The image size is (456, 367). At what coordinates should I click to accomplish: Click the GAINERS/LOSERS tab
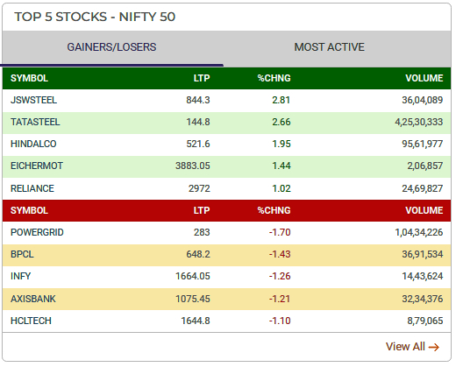tap(111, 47)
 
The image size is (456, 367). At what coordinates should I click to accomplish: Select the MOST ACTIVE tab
tap(329, 47)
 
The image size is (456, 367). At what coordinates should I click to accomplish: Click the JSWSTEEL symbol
tap(32, 100)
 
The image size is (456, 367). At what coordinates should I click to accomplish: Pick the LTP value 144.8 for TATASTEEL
tap(196, 122)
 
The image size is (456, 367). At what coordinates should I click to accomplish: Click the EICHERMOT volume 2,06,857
tap(419, 166)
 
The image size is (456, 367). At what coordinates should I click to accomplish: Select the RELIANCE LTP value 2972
tap(197, 188)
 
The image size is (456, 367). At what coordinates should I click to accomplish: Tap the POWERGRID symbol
tap(37, 232)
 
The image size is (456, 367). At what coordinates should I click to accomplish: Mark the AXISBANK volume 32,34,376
tap(417, 299)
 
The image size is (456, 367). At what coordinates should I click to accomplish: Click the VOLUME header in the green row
tap(424, 78)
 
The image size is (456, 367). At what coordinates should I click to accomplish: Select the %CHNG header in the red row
tap(274, 210)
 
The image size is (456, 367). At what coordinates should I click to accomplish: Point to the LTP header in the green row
tap(202, 78)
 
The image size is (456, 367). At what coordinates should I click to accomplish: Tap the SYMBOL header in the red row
tap(29, 210)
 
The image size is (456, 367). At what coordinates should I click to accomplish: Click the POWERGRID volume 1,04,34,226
tap(415, 232)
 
